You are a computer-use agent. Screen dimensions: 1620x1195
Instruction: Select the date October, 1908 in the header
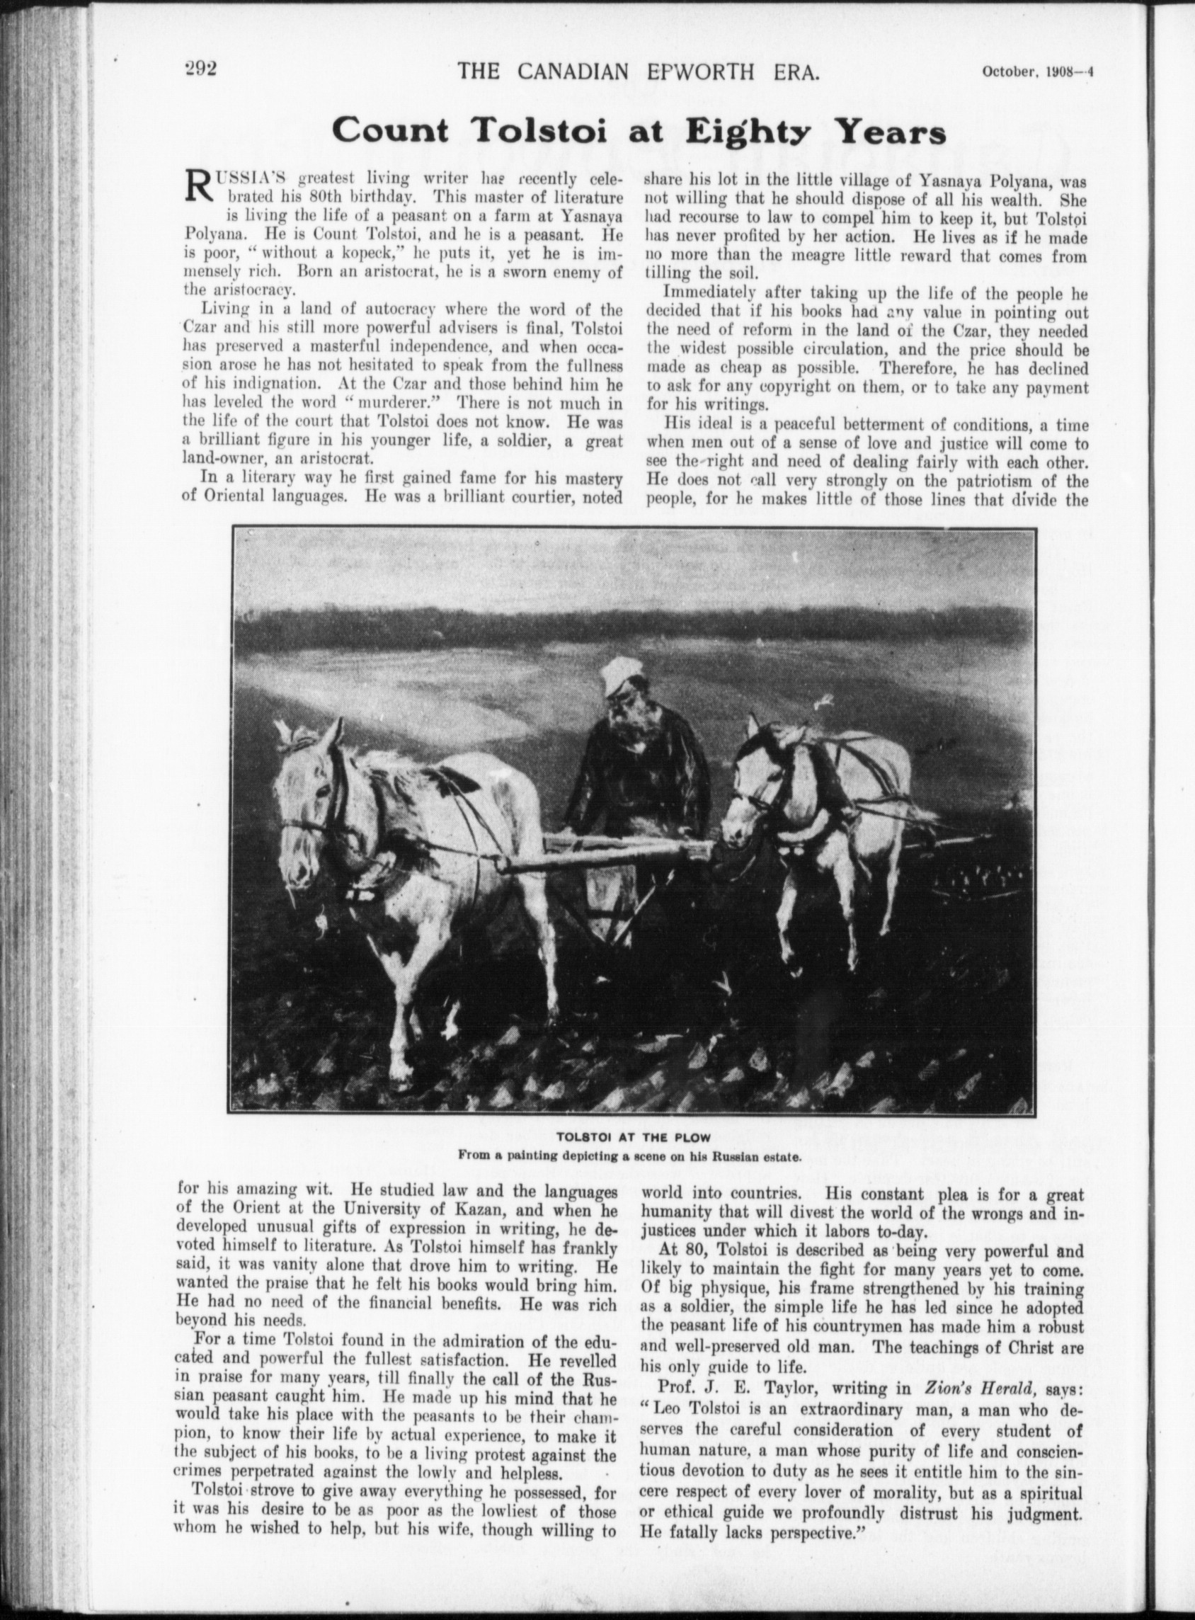1027,72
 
